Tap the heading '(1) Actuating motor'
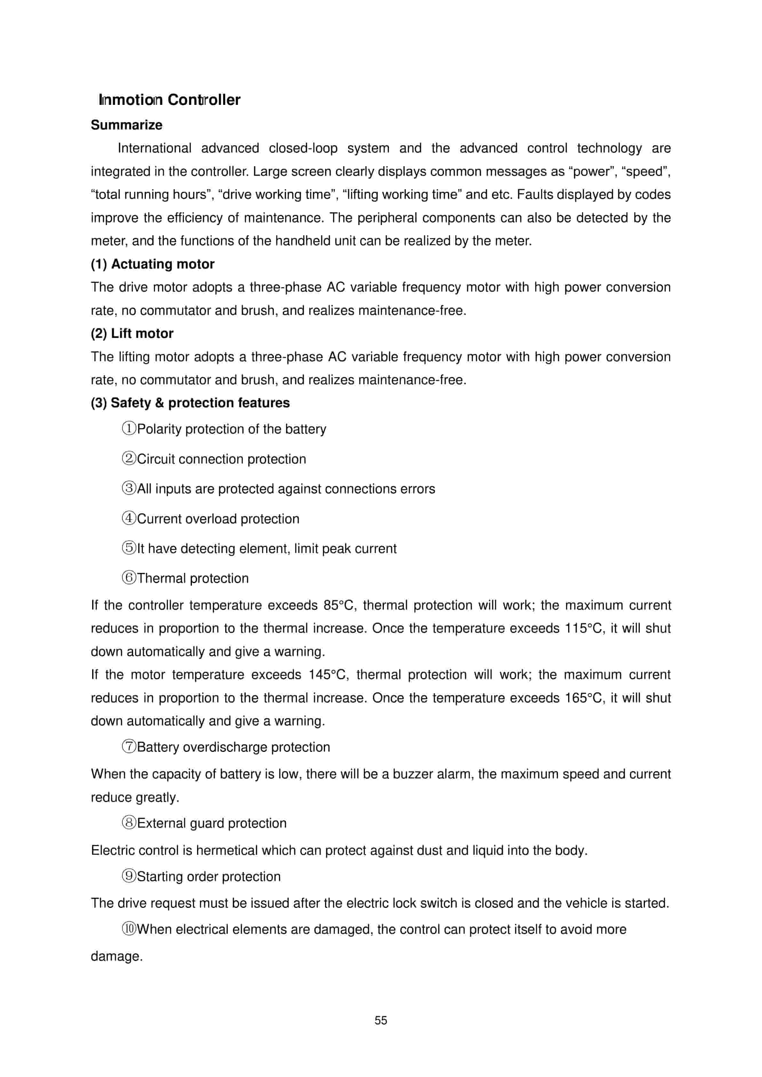pyautogui.click(x=153, y=264)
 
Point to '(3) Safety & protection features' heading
pyautogui.click(x=190, y=403)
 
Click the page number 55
pyautogui.click(x=381, y=1020)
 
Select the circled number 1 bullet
pyautogui.click(x=129, y=428)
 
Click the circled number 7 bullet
pyautogui.click(x=129, y=747)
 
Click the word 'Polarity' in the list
pyautogui.click(x=159, y=429)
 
